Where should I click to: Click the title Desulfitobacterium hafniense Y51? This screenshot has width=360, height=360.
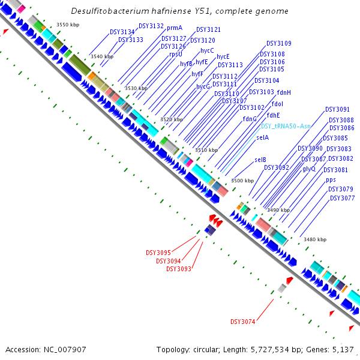coord(179,11)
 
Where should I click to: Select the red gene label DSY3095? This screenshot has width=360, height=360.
coord(158,253)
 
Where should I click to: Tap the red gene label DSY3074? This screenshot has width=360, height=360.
coord(243,322)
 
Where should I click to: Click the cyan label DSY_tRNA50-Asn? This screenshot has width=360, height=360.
coord(286,126)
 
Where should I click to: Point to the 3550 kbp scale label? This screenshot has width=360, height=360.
coord(68,24)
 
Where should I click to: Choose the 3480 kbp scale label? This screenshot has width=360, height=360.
coord(315,239)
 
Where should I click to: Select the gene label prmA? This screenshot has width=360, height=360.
coord(175,28)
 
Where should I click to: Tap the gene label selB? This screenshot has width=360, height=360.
coord(260,160)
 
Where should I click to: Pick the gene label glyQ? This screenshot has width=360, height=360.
coord(309,169)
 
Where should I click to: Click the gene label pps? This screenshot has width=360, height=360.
coord(331,179)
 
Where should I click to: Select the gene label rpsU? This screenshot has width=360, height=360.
coord(176,54)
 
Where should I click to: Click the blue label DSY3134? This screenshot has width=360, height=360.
coord(122,31)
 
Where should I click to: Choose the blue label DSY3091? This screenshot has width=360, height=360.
coord(337,110)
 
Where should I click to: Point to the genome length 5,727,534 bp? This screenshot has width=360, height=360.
coord(271,349)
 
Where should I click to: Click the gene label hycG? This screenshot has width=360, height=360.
coord(203,86)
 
